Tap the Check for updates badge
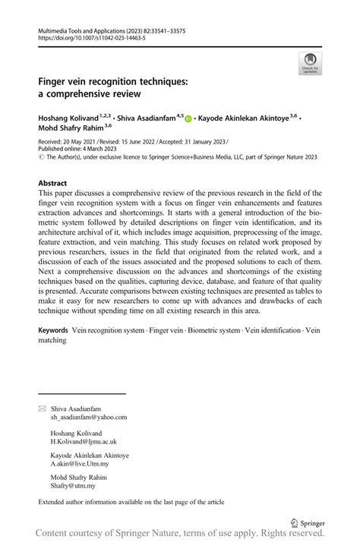309,64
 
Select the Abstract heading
53,184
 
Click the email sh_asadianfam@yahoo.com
89,417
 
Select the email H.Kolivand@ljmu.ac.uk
84,441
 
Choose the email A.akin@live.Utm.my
80,464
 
